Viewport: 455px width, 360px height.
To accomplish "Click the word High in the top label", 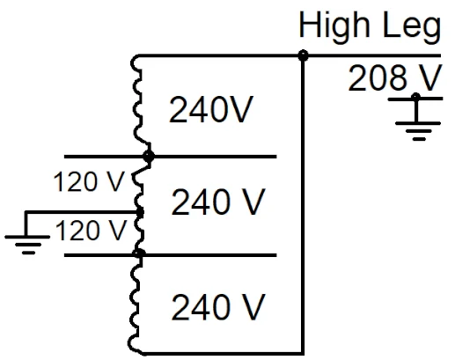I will [332, 26].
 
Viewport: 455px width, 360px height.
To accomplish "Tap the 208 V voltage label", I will [394, 79].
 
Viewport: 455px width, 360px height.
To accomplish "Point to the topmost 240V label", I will [212, 113].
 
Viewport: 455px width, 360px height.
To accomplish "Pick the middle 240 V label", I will [217, 203].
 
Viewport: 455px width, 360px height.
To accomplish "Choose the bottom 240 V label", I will [217, 308].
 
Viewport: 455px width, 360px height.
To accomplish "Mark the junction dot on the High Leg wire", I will [303, 55].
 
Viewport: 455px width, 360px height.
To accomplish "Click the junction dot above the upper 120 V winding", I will [149, 157].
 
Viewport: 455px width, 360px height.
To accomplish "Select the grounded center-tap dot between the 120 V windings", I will [141, 212].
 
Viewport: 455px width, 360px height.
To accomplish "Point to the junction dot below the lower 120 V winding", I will [139, 254].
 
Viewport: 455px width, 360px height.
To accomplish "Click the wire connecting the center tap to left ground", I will [79, 212].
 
